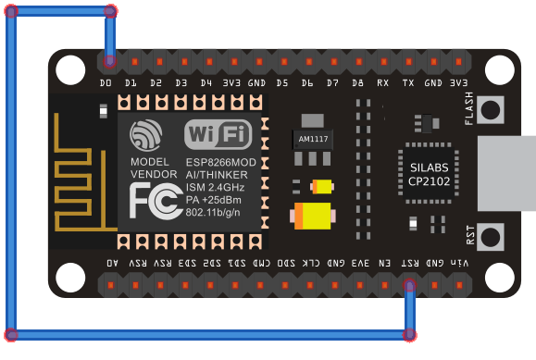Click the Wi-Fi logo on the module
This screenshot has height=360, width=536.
pos(218,134)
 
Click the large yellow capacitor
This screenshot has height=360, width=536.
pos(313,217)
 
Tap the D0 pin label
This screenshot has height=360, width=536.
pos(106,83)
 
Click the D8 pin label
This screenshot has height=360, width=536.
pos(357,83)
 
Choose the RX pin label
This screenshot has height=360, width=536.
pos(382,83)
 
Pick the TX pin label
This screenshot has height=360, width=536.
pos(407,83)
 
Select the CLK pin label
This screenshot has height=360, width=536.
pos(312,263)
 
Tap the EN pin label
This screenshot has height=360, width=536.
pos(384,263)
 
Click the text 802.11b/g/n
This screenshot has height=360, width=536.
pos(218,212)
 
